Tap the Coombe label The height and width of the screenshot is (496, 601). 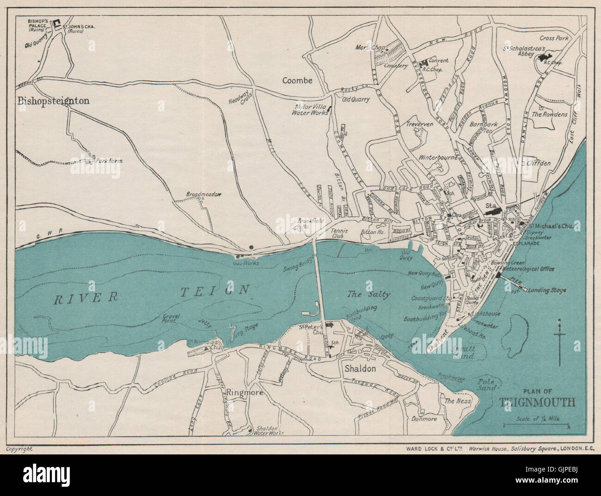pos(297,80)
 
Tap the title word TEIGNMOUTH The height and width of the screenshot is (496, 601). pos(537,402)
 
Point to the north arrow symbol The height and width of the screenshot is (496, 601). pos(560,342)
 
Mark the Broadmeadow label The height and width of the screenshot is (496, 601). pos(203,194)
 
